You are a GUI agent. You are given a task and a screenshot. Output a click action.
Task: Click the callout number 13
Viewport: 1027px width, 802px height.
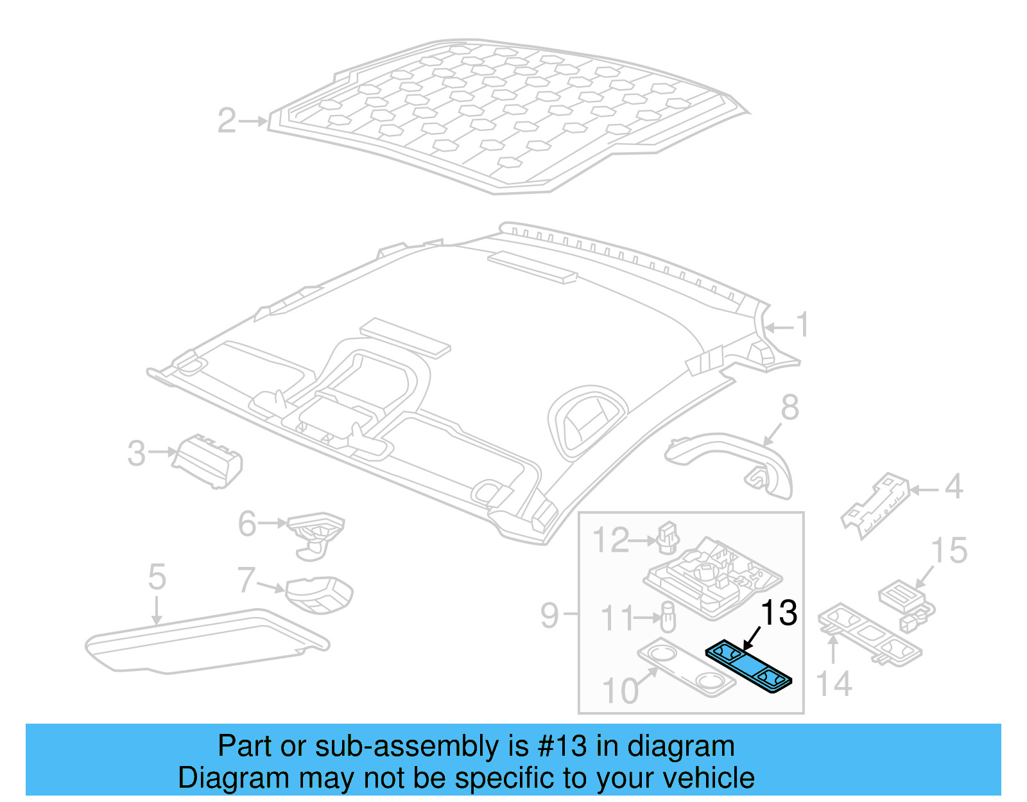(x=779, y=613)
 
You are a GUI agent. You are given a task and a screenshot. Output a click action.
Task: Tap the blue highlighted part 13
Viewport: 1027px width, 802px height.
(x=748, y=667)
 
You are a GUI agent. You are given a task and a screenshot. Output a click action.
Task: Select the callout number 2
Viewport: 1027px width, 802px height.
(x=227, y=121)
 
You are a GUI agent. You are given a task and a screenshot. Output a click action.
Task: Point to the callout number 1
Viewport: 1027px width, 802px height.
(x=803, y=325)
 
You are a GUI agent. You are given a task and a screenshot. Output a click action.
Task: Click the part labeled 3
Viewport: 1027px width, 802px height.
(x=207, y=461)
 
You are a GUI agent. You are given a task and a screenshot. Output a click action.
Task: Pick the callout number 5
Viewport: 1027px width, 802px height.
(x=157, y=577)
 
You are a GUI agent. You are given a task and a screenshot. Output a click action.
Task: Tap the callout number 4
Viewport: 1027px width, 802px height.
(x=954, y=486)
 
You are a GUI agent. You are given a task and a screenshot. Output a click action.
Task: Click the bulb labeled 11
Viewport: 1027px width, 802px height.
(x=668, y=616)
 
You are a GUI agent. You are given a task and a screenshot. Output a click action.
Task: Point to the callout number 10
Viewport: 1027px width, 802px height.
(x=620, y=691)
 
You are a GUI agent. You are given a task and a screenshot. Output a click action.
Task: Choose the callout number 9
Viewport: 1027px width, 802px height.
(x=549, y=615)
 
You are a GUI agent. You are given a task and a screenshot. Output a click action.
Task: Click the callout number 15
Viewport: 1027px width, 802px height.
(x=949, y=550)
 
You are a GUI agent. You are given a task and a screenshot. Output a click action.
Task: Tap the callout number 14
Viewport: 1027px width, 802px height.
(x=834, y=684)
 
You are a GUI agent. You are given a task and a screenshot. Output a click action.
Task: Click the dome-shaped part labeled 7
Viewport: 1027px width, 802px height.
(x=319, y=595)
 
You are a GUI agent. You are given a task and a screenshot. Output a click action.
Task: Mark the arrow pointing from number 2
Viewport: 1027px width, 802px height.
(x=253, y=121)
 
